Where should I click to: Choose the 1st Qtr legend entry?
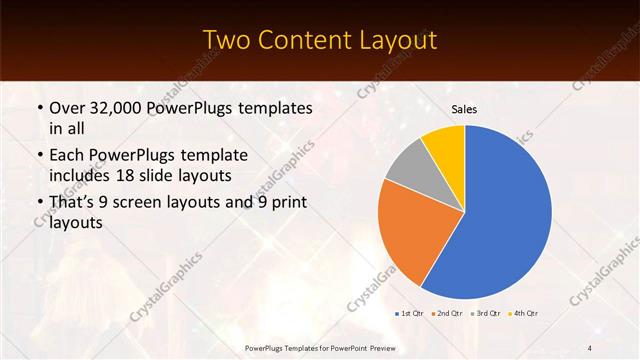point(411,313)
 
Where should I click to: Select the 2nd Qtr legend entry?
point(447,313)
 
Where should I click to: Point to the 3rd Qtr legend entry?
point(484,313)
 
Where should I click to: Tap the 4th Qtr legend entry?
point(521,313)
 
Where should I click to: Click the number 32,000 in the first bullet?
point(119,107)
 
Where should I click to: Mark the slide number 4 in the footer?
point(589,348)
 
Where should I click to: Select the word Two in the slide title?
point(228,40)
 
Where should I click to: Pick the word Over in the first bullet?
point(67,107)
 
